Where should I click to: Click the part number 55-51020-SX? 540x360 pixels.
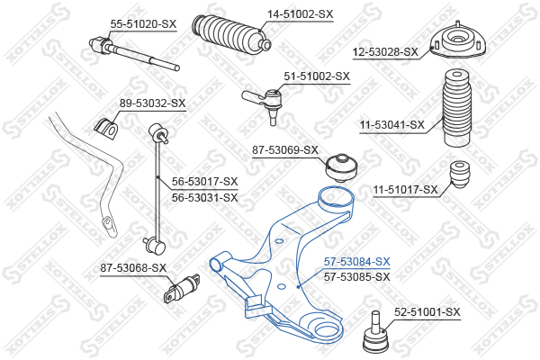tap(143, 24)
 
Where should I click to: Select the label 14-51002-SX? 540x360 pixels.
tap(301, 14)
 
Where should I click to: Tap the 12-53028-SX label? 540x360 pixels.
tap(385, 52)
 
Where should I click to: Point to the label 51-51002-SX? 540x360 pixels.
tap(317, 76)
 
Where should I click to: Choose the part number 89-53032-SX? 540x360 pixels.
tap(153, 103)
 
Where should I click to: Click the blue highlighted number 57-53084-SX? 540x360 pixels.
tap(356, 262)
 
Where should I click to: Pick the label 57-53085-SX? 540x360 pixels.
tap(356, 276)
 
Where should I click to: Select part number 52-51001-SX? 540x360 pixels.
tap(427, 312)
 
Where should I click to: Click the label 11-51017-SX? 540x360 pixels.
tap(406, 190)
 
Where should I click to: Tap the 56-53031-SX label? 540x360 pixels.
tap(205, 198)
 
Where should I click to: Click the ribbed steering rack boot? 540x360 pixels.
tap(231, 34)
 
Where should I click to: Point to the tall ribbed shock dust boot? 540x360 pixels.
tap(456, 109)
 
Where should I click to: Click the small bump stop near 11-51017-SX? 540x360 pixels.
tap(460, 175)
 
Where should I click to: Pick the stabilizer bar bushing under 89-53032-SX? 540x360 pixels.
tap(105, 130)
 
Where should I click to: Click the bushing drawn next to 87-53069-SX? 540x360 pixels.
tap(342, 167)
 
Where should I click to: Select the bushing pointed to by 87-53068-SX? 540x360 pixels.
tap(181, 288)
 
